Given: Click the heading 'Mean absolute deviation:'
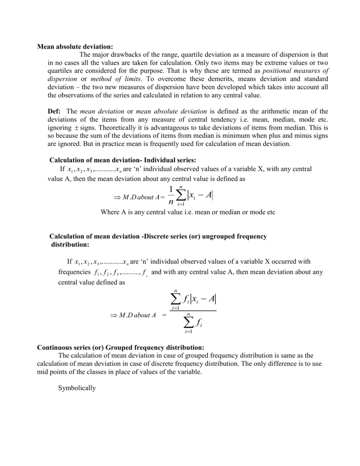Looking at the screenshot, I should click(74, 46).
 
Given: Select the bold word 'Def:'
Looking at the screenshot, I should click(55, 111).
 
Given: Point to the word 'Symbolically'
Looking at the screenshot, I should click(77, 388).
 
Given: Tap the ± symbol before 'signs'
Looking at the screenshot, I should click(76, 128).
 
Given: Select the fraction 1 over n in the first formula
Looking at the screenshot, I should click(171, 196).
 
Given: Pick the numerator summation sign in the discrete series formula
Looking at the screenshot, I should click(176, 299).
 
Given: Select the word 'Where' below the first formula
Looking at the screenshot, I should click(110, 213).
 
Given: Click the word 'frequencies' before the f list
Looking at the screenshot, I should click(74, 272).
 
